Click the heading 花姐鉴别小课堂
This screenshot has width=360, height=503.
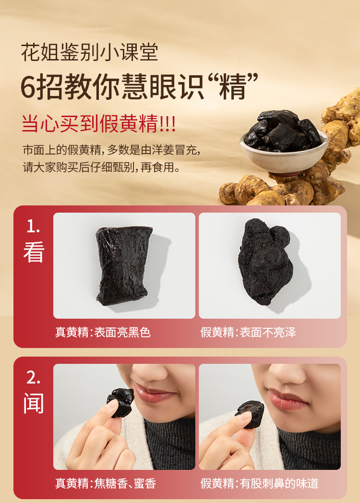[x=89, y=52]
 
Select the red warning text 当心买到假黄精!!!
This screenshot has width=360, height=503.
[x=98, y=123]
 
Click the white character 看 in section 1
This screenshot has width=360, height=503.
[x=34, y=252]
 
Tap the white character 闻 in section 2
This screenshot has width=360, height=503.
[x=34, y=403]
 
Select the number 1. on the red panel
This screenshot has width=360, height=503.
[x=33, y=227]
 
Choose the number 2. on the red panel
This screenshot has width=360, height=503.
[x=34, y=378]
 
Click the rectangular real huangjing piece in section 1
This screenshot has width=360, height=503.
[x=123, y=265]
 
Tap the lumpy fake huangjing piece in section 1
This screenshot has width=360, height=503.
[x=265, y=262]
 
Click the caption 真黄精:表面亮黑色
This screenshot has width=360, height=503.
[x=103, y=332]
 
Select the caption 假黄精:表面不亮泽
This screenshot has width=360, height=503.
[x=248, y=332]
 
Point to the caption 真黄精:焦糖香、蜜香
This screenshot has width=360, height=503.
[x=106, y=483]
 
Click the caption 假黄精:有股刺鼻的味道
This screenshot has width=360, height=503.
[x=259, y=483]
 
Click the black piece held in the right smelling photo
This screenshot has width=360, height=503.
[x=250, y=414]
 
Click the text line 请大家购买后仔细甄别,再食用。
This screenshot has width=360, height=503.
[x=101, y=167]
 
